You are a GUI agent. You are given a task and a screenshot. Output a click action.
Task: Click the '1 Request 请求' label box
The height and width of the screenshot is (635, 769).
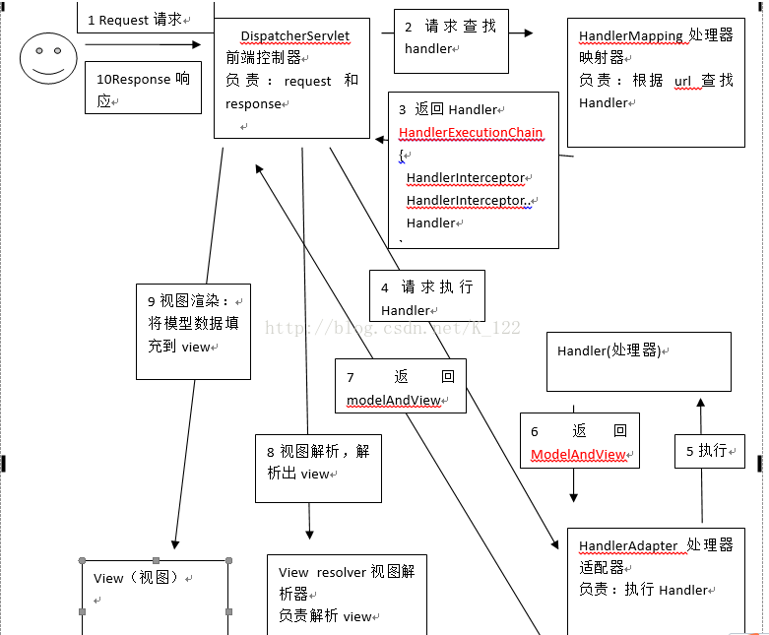[x=139, y=19]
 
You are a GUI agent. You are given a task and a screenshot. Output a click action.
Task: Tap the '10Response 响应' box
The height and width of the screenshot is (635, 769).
[x=144, y=88]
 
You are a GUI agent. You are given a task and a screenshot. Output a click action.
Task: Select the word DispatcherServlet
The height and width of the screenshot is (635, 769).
[x=294, y=35]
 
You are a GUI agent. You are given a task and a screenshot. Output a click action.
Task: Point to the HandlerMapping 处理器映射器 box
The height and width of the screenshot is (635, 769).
[x=656, y=81]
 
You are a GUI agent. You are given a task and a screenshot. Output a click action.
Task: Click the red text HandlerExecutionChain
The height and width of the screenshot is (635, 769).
[x=471, y=133]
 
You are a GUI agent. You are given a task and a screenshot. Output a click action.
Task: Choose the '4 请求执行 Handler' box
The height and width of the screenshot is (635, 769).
[x=426, y=297]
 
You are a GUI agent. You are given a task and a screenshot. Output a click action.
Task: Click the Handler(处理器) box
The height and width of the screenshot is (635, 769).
[x=638, y=361]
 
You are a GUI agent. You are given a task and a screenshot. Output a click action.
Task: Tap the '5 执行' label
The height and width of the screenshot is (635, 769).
[x=709, y=450]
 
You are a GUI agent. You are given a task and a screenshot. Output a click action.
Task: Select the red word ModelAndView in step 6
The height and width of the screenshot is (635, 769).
[x=579, y=454]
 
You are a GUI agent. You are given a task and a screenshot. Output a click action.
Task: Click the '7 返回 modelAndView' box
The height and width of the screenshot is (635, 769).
[x=400, y=388]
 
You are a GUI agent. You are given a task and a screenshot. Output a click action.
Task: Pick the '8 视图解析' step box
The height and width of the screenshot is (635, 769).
[x=317, y=461]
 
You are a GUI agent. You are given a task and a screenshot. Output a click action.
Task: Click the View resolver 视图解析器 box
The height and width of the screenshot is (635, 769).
[x=346, y=594]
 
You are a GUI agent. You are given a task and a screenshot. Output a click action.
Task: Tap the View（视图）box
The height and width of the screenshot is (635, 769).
[x=156, y=596]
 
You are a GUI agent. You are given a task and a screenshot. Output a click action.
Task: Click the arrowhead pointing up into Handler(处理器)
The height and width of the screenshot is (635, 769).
[x=700, y=403]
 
